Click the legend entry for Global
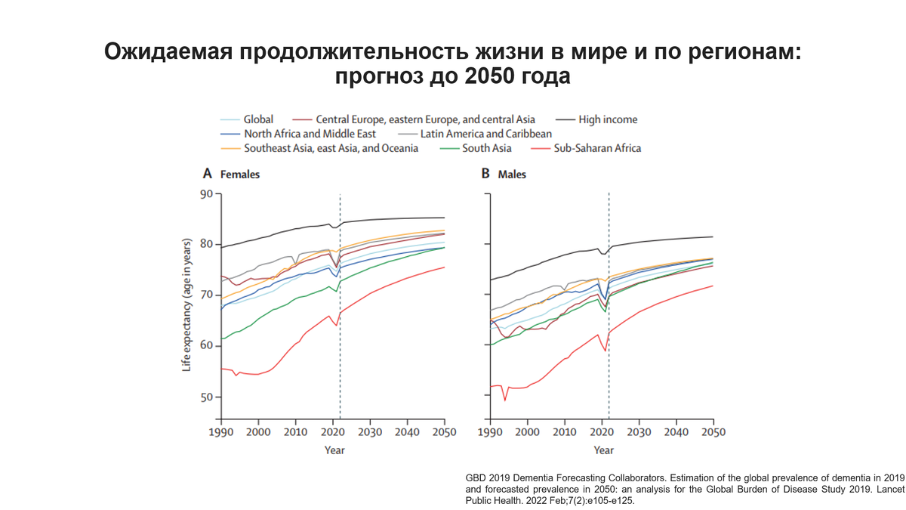[257, 119]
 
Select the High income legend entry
[607, 119]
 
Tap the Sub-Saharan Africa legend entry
[596, 148]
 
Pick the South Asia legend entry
[487, 148]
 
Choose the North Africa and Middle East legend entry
[310, 134]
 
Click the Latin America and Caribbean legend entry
[485, 134]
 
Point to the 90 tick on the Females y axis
[205, 194]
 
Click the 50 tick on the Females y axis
[205, 397]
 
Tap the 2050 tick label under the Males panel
[713, 432]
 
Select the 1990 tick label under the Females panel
[221, 432]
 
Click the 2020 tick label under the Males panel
[602, 432]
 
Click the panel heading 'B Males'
[504, 174]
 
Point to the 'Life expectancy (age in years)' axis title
[186, 305]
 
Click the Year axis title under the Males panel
[603, 450]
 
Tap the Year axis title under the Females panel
[334, 450]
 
